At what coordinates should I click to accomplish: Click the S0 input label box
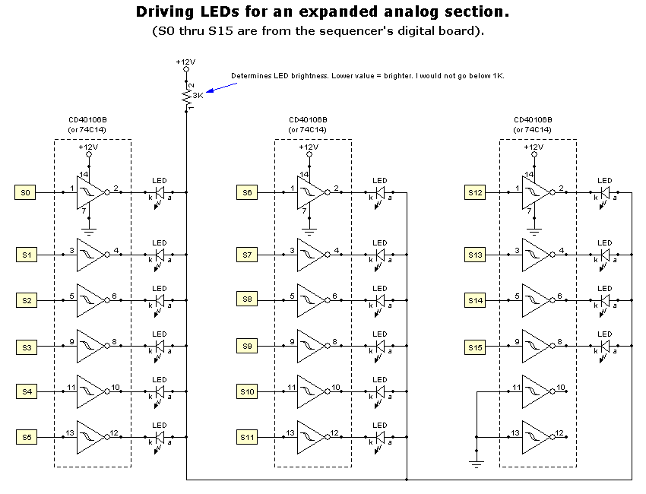coord(26,193)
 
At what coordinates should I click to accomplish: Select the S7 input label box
coord(247,255)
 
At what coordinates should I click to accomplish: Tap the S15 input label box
coord(474,347)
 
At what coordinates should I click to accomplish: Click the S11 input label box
coord(247,438)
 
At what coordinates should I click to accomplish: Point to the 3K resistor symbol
coord(187,97)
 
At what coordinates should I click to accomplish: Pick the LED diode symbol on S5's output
coord(160,438)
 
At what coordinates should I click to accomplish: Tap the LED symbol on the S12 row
coord(605,193)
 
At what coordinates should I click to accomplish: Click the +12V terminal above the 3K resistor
coord(186,69)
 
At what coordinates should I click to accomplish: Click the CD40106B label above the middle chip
coord(308,120)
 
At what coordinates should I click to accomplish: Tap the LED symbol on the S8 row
coord(380,301)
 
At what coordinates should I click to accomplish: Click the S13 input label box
coord(474,255)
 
